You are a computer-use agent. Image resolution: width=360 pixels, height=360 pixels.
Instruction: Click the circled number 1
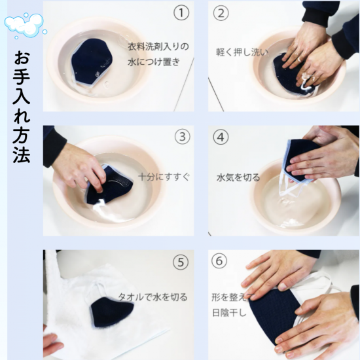tap(181, 12)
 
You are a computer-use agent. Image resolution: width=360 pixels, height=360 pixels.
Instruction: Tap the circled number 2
tap(221, 13)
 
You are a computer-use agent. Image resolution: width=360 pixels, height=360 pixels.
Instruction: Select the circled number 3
tap(183, 137)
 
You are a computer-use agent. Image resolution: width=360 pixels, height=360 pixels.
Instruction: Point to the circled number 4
tap(221, 137)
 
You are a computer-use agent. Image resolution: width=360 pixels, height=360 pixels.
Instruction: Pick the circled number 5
tap(181, 262)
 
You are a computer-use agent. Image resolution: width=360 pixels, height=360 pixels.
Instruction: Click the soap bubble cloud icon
tap(26, 26)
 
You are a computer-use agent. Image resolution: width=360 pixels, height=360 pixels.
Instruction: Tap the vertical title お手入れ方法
tap(22, 107)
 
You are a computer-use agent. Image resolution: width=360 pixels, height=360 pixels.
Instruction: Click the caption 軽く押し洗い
tap(242, 52)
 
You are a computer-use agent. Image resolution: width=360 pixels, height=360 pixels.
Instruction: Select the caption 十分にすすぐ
tap(164, 177)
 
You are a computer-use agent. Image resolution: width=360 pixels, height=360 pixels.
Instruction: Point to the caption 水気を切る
tap(238, 177)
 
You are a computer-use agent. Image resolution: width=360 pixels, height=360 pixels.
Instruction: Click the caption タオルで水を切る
tap(153, 297)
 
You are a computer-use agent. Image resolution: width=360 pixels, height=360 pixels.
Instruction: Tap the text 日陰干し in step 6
tap(229, 313)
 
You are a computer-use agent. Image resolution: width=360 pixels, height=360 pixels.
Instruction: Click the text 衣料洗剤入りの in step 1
tap(158, 46)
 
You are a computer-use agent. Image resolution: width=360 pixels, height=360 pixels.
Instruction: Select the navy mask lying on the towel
tap(111, 312)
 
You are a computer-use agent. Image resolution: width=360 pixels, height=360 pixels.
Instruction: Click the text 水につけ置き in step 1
tap(154, 62)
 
